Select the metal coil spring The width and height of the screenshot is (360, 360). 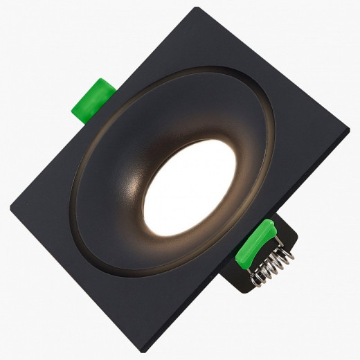pos(271,264)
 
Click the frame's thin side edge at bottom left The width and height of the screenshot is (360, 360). pos(76,284)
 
